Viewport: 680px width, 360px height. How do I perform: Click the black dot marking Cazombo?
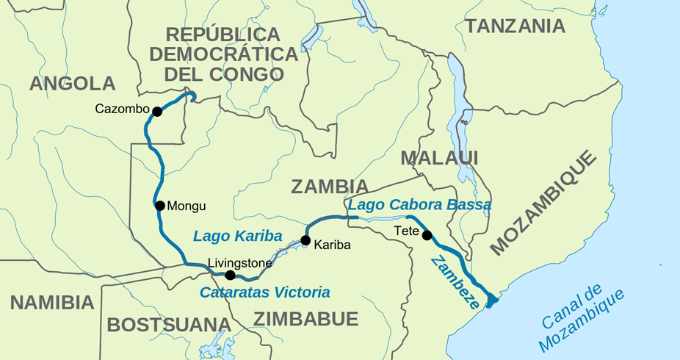[156, 111]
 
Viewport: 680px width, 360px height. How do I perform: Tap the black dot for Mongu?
[159, 206]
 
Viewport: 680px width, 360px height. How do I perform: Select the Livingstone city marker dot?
[231, 276]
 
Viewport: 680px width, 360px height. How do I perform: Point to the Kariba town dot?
[305, 240]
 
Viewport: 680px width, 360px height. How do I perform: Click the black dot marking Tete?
[427, 235]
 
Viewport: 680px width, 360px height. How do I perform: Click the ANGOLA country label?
[72, 84]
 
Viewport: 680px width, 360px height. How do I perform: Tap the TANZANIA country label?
[515, 26]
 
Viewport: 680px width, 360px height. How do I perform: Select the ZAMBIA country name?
[329, 187]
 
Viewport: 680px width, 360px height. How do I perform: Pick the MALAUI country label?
[439, 158]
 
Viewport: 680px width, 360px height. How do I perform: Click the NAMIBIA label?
[52, 303]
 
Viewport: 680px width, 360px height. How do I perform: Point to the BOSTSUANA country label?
[169, 325]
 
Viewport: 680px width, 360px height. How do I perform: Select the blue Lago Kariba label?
[237, 236]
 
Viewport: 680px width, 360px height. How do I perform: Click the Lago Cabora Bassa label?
[419, 205]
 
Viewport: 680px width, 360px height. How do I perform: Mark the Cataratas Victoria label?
[264, 292]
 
